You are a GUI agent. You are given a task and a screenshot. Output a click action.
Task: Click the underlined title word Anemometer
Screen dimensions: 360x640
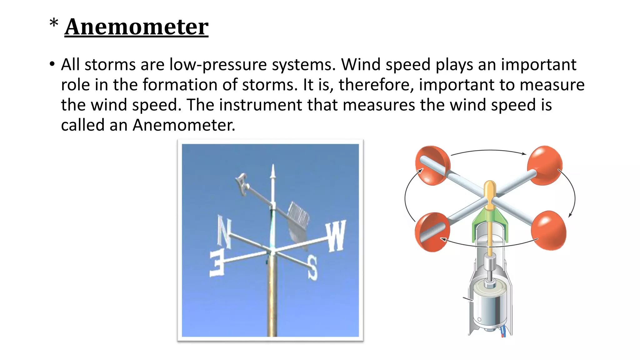tap(136, 27)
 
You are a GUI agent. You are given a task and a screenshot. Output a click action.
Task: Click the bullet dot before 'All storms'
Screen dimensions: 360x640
tap(52, 64)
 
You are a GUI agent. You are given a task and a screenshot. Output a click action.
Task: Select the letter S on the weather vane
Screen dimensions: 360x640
tap(312, 267)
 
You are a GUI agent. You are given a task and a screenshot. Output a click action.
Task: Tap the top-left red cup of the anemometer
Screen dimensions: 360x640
tap(432, 166)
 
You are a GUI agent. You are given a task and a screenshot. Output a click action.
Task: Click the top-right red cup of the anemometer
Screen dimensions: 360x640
tap(545, 165)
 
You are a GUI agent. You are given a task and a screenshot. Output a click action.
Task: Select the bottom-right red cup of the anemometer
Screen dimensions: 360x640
tap(549, 230)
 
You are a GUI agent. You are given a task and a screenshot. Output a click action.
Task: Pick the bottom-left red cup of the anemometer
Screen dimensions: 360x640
tap(432, 232)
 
